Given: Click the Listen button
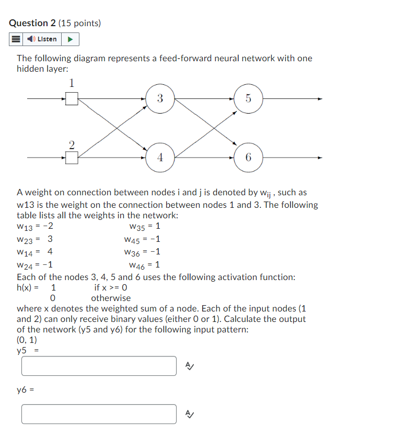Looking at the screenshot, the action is pyautogui.click(x=42, y=39).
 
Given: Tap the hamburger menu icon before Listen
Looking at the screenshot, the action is pyautogui.click(x=16, y=39).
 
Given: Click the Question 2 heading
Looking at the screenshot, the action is pyautogui.click(x=55, y=23).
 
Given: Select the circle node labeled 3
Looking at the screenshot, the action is pyautogui.click(x=159, y=98).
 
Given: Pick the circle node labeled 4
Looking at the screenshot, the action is pyautogui.click(x=159, y=157).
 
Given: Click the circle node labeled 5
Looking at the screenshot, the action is pyautogui.click(x=248, y=98).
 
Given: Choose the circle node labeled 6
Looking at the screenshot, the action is pyautogui.click(x=248, y=157).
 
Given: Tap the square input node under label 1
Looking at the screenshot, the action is pyautogui.click(x=72, y=98).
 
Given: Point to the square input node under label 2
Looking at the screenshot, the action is pyautogui.click(x=72, y=157).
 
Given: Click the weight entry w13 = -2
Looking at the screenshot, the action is pyautogui.click(x=34, y=227).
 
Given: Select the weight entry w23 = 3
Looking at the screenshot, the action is pyautogui.click(x=34, y=239).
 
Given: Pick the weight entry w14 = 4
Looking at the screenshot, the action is pyautogui.click(x=34, y=252).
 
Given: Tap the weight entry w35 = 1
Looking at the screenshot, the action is pyautogui.click(x=144, y=227).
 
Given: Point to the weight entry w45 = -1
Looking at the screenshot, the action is pyautogui.click(x=142, y=239).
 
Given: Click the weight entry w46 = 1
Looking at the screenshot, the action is pyautogui.click(x=144, y=265).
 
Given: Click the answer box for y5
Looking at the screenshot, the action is pyautogui.click(x=99, y=366).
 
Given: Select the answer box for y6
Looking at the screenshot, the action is pyautogui.click(x=99, y=414).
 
